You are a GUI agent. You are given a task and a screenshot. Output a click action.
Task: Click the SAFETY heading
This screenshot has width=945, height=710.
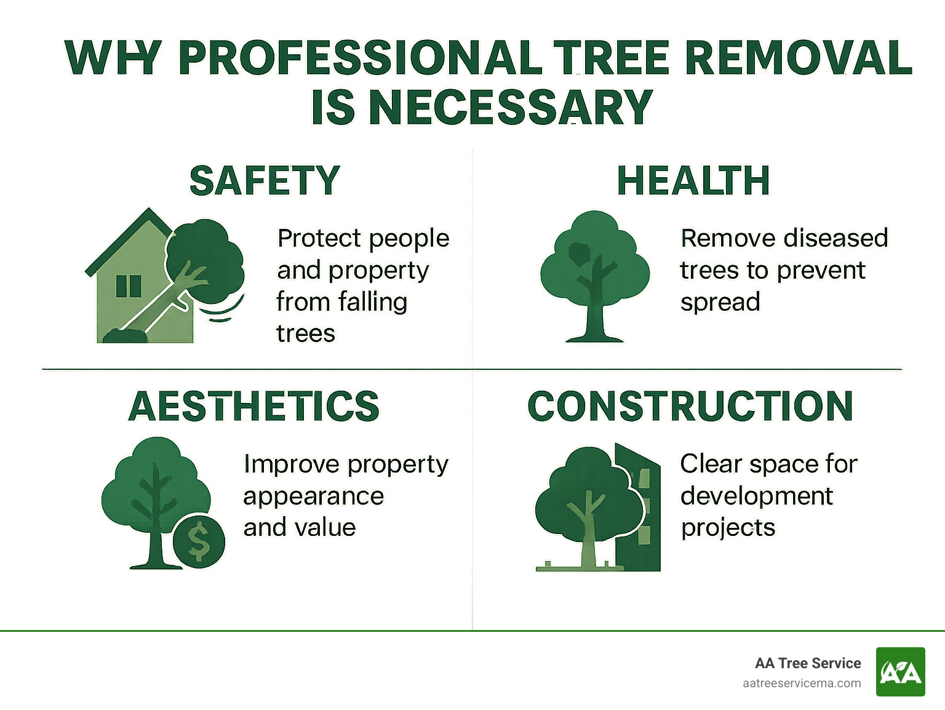265,181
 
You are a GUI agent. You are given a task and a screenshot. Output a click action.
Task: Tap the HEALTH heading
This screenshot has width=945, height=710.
693,181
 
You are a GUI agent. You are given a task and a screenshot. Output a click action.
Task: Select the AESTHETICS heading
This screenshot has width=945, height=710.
254,406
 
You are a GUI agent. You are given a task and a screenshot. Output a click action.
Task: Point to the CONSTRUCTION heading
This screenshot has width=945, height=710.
690,406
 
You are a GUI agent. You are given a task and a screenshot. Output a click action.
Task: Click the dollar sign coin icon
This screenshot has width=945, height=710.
199,540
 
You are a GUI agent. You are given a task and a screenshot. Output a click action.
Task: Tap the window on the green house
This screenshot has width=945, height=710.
129,286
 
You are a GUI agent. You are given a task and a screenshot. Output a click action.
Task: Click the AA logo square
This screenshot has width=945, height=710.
900,672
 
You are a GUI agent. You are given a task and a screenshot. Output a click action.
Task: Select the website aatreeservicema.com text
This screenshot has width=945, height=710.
802,683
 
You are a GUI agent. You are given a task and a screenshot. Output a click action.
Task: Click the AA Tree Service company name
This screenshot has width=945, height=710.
808,663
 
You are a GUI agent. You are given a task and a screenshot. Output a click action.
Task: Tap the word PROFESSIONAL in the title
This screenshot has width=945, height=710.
360,58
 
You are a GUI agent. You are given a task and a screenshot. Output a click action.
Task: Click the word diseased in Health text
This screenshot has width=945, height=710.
828,238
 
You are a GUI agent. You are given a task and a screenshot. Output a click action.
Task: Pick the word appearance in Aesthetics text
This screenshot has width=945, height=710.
313,496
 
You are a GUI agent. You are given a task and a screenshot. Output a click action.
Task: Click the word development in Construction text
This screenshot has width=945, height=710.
756,496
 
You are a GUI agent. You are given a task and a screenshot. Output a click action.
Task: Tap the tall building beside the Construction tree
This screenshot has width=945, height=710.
640,511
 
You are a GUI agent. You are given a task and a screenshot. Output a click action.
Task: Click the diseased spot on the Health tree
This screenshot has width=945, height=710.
578,253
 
